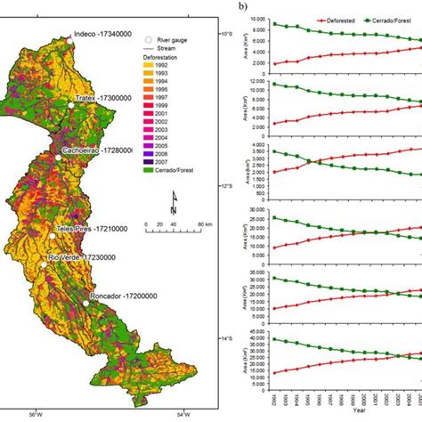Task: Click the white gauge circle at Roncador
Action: [86, 303]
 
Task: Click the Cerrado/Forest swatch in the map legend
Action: [150, 174]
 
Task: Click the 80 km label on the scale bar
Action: [205, 223]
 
